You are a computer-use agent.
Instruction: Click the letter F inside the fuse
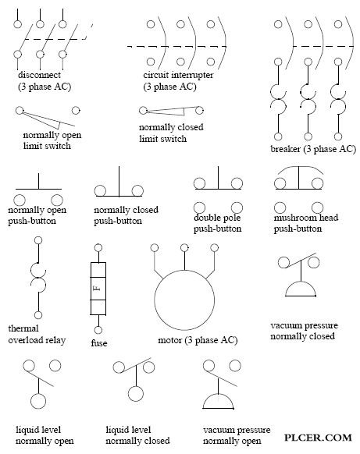click(98, 288)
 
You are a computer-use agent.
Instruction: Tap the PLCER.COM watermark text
click(318, 437)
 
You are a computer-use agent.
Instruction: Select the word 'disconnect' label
click(39, 75)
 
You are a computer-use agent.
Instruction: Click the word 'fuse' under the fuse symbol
click(99, 343)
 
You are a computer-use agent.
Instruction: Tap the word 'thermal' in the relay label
click(23, 328)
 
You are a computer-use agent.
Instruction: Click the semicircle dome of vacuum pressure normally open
click(218, 395)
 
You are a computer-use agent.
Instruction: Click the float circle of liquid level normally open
click(38, 394)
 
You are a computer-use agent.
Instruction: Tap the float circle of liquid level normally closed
click(136, 387)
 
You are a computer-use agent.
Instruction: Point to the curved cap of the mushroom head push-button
click(299, 166)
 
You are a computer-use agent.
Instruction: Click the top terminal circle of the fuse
click(98, 248)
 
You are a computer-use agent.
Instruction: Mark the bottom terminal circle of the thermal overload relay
click(38, 315)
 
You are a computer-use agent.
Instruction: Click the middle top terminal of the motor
click(184, 248)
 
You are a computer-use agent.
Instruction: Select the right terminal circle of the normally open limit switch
click(76, 110)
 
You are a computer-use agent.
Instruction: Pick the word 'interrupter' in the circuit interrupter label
click(192, 75)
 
